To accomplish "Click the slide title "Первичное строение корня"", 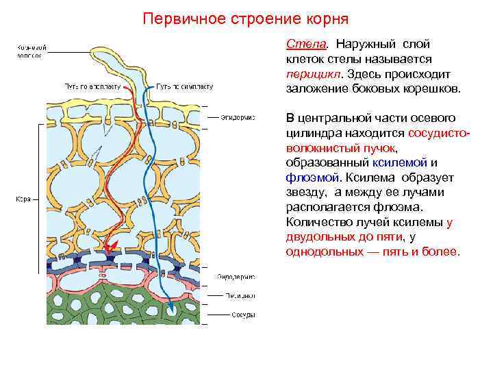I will point(246,17).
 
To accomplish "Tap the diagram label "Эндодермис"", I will point(237,277).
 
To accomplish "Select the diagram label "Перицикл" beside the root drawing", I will point(236,297).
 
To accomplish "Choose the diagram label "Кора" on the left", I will point(23,200).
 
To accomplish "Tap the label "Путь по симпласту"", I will point(185,88).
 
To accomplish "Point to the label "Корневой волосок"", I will point(29,51).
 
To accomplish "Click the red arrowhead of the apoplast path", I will point(112,245).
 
